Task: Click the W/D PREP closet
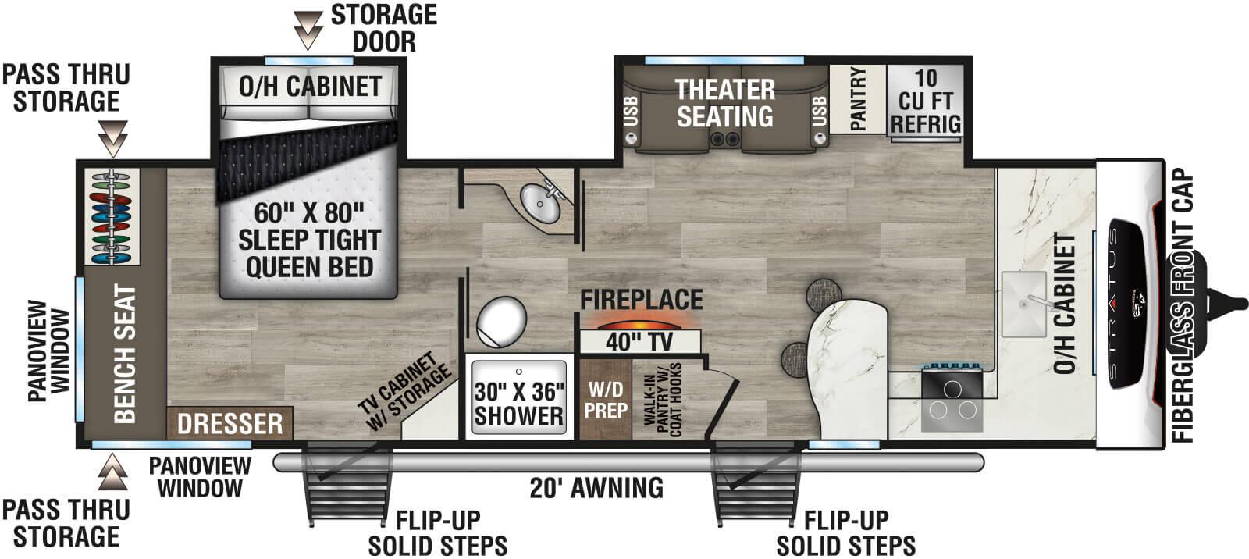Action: pyautogui.click(x=606, y=398)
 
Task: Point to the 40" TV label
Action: pyautogui.click(x=639, y=341)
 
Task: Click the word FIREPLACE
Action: pyautogui.click(x=641, y=299)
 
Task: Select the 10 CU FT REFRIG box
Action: pyautogui.click(x=925, y=101)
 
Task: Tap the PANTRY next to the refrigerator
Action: pyautogui.click(x=857, y=99)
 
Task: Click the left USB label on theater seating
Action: pyautogui.click(x=631, y=112)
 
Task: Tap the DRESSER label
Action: pyautogui.click(x=230, y=423)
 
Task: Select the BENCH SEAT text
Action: pyautogui.click(x=125, y=354)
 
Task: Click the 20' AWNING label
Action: pyautogui.click(x=596, y=488)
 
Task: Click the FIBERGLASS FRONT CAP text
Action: pyautogui.click(x=1183, y=306)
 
